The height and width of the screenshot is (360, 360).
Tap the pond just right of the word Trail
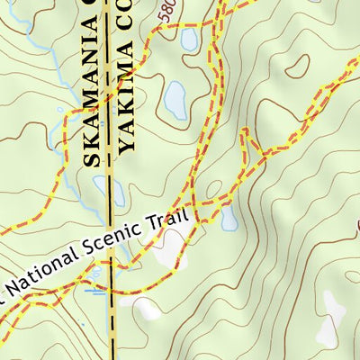(x=229, y=216)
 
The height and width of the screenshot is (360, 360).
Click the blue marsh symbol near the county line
(x=94, y=290)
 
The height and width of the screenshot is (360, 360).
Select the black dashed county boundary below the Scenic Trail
(x=112, y=324)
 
